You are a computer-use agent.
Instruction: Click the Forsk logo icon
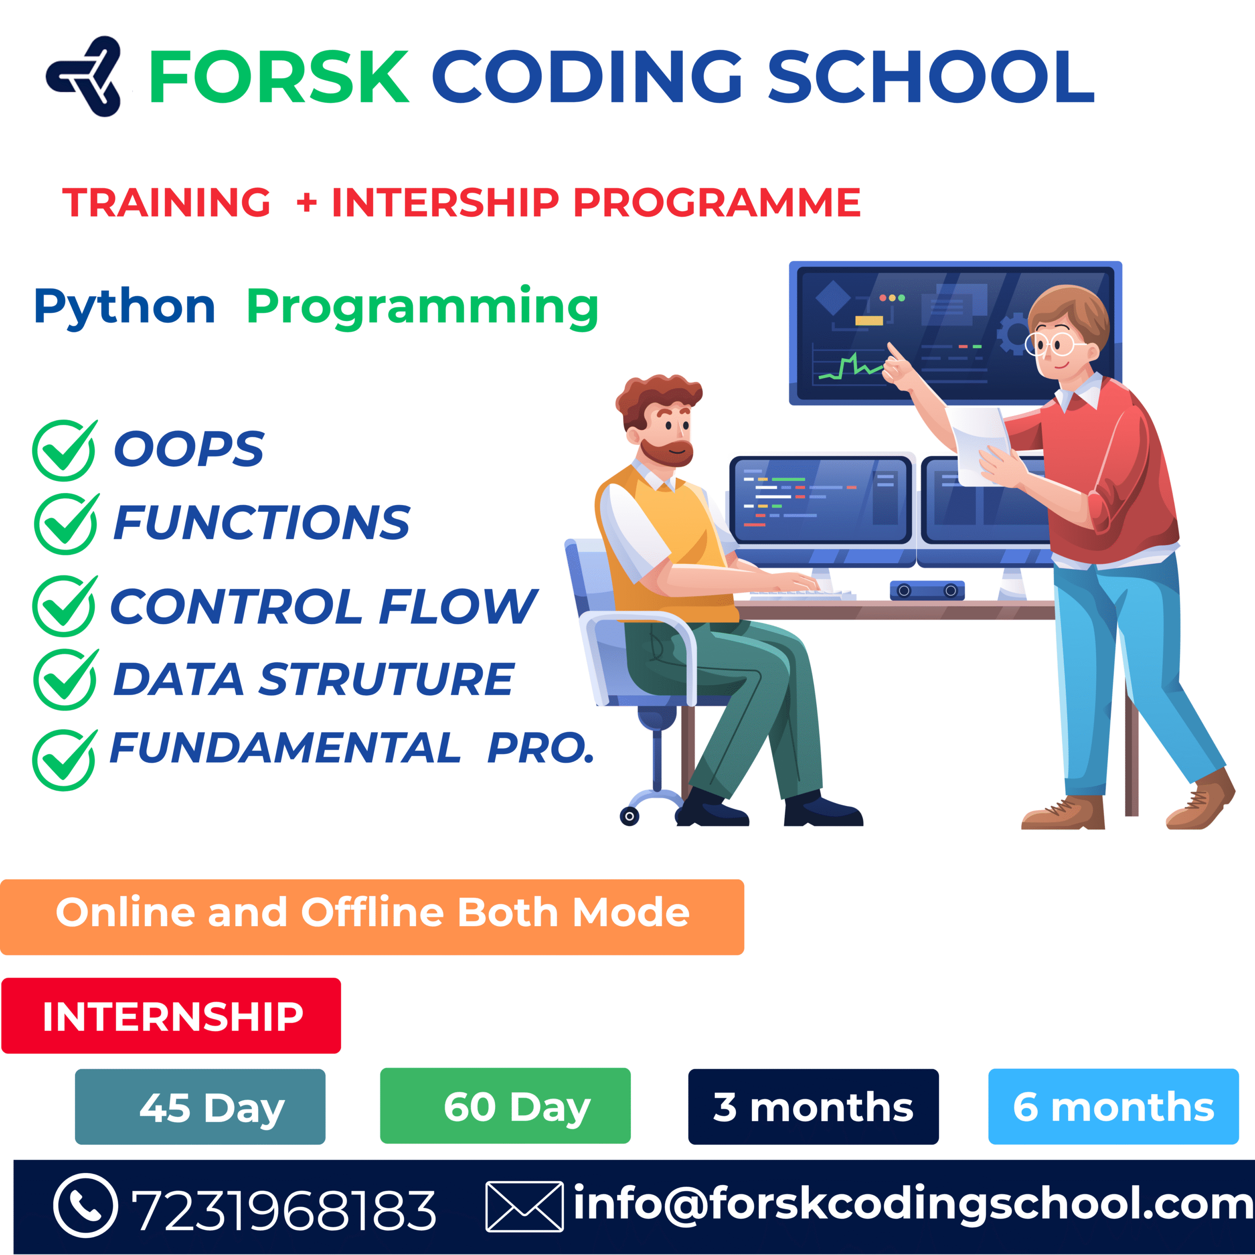coord(84,76)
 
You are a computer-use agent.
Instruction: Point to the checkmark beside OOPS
coord(65,450)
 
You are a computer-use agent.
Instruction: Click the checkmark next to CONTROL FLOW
coord(65,605)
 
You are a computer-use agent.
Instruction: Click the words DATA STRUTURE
coord(314,679)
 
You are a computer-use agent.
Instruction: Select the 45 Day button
coord(200,1107)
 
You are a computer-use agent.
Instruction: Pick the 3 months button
coord(813,1107)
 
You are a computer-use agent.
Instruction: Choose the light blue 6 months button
coord(1113,1107)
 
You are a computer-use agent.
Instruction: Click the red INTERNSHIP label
coord(172,1016)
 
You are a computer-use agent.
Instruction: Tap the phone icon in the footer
coord(86,1205)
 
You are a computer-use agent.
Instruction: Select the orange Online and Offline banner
coord(372,917)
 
